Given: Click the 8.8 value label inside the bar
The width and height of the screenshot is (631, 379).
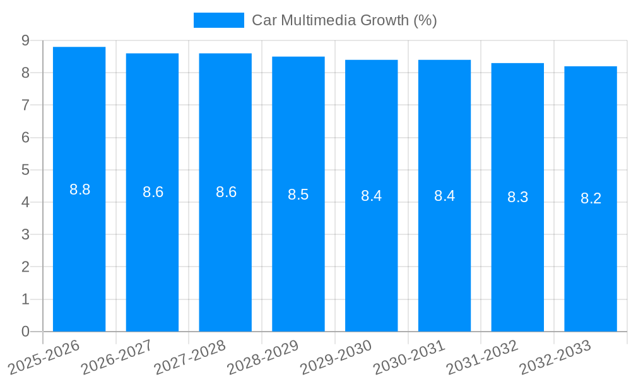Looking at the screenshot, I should click(80, 189).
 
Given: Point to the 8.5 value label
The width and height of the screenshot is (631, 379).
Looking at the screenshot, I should click(298, 195).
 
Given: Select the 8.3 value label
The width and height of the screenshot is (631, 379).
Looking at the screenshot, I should click(517, 197).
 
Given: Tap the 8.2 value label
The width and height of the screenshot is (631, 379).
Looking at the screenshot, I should click(591, 198).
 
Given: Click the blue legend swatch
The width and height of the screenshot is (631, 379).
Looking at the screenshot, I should click(218, 20).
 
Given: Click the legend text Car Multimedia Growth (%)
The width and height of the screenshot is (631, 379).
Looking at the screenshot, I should click(344, 20).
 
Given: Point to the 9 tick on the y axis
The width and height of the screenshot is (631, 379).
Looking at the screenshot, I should click(25, 40).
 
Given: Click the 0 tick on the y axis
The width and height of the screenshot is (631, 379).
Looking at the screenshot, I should click(25, 332).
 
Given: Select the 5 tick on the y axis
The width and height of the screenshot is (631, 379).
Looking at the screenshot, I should click(25, 170).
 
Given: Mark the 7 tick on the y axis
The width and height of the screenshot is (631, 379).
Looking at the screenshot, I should click(25, 105).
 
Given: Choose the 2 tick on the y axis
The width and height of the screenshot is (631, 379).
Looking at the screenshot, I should click(25, 267).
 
